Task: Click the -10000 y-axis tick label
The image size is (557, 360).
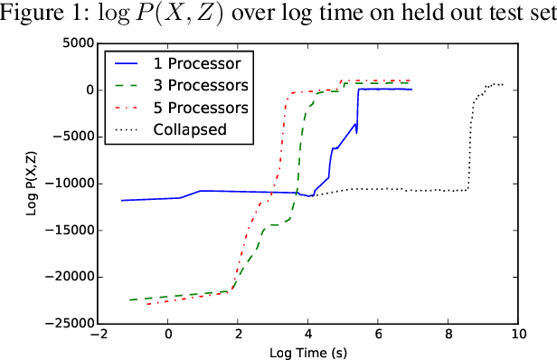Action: pos(69,184)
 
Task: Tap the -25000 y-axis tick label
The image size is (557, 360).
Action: pos(69,323)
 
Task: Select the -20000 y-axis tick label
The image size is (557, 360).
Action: pos(69,277)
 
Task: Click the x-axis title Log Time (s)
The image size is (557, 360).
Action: pos(308,351)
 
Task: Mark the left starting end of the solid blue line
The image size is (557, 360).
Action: pos(122,201)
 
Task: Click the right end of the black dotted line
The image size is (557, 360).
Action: pos(504,85)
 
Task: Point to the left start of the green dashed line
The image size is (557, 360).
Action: pos(129,299)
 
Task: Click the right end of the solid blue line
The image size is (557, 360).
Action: pos(411,90)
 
